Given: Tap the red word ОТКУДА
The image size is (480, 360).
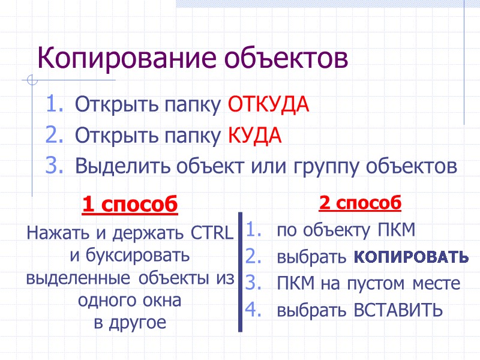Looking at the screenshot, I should pyautogui.click(x=268, y=106).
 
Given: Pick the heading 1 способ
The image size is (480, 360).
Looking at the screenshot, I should pyautogui.click(x=130, y=205).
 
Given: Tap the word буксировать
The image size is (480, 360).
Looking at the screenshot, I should pyautogui.click(x=130, y=256).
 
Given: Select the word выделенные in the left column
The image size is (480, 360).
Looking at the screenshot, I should pyautogui.click(x=77, y=278).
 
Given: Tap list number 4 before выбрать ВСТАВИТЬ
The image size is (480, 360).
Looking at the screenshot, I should pyautogui.click(x=252, y=310).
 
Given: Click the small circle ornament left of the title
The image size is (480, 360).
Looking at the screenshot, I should pyautogui.click(x=34, y=80).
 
